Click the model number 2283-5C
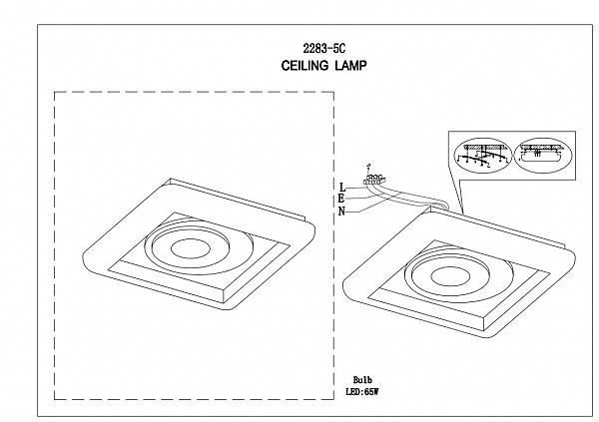tap(323, 49)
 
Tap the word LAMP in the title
tap(350, 66)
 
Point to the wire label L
tap(342, 188)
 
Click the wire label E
tap(341, 199)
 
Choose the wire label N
tap(341, 211)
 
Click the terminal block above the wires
tap(374, 180)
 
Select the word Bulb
tap(362, 380)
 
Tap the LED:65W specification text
tap(361, 392)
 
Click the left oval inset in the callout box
tap(482, 156)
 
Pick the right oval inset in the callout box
tap(543, 156)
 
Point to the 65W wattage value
tap(371, 392)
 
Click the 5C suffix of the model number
tap(339, 49)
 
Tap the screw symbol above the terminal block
tap(367, 168)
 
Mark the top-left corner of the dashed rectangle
tap(55, 92)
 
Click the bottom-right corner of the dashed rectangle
tap(333, 399)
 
